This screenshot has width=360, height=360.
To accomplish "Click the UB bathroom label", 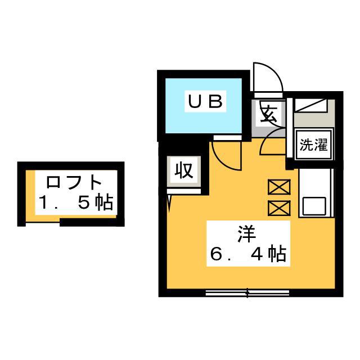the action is (205, 101).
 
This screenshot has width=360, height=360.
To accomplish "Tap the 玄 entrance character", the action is (268, 113).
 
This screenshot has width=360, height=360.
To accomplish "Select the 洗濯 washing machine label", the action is (313, 145).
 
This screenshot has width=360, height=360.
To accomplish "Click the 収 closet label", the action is (184, 170).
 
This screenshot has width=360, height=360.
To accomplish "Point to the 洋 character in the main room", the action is (246, 234).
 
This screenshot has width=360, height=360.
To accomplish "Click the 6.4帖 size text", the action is (248, 254).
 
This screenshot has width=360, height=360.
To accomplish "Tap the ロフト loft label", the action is (74, 182).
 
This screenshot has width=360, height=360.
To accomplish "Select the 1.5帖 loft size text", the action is (76, 202).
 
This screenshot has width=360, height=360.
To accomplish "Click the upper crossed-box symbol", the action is (279, 187).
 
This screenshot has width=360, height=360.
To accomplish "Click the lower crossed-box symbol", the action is (279, 208).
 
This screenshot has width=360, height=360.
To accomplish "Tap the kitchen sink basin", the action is (314, 206).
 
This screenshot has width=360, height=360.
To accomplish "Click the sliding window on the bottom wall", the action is (247, 292).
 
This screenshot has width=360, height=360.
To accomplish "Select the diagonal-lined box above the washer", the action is (311, 105).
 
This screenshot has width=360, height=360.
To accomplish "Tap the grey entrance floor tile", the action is (268, 119).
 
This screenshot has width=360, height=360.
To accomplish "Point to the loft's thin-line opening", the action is (43, 222).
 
